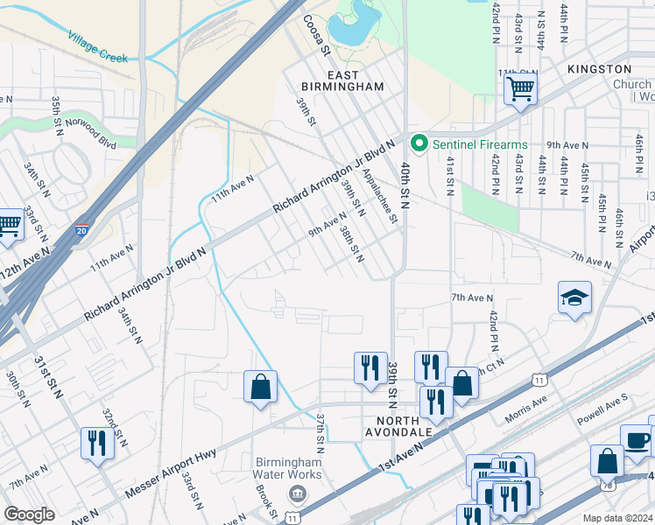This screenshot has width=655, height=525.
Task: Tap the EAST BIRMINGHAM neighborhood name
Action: (342, 80)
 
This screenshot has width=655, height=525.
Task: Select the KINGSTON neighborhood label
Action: (599, 68)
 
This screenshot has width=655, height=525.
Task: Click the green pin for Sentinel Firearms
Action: (419, 143)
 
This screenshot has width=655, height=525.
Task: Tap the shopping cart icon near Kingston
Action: (520, 88)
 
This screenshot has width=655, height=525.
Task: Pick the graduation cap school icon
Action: (574, 298)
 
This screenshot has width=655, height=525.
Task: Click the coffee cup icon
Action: (637, 440)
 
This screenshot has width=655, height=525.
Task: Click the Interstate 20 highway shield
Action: (81, 229)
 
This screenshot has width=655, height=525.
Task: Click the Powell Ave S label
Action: (602, 415)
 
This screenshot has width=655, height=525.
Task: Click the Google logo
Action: (29, 514)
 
